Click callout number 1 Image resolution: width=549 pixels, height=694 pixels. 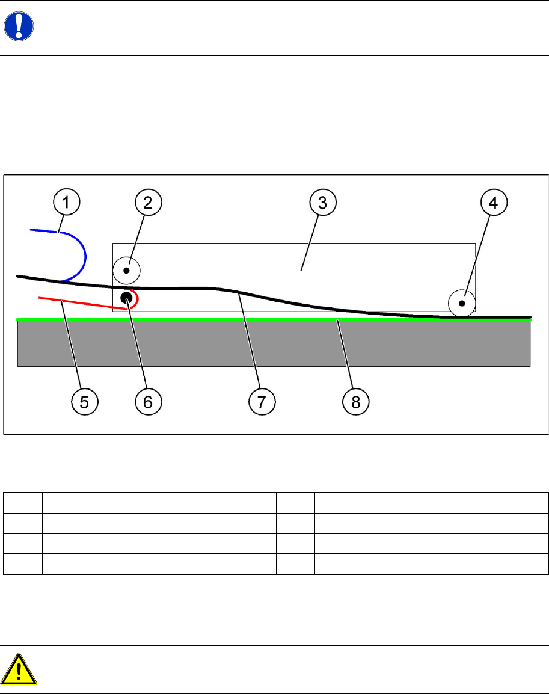pyautogui.click(x=66, y=203)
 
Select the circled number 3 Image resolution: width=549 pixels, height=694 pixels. pyautogui.click(x=322, y=203)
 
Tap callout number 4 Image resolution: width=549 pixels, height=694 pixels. pyautogui.click(x=493, y=203)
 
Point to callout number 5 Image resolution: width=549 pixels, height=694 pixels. pyautogui.click(x=85, y=401)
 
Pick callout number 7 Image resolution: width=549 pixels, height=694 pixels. pyautogui.click(x=262, y=401)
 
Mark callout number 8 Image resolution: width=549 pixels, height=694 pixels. pyautogui.click(x=356, y=401)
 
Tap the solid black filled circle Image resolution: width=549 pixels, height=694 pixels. pyautogui.click(x=127, y=297)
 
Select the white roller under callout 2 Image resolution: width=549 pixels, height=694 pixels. pyautogui.click(x=126, y=271)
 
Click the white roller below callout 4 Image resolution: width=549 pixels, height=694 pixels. pyautogui.click(x=462, y=303)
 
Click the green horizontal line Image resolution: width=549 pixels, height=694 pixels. pyautogui.click(x=180, y=319)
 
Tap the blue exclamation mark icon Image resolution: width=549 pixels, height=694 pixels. pyautogui.click(x=19, y=27)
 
